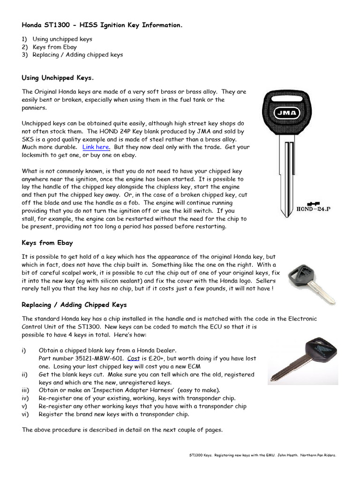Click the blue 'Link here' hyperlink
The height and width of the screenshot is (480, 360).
point(96,147)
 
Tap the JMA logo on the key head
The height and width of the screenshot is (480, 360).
point(285,112)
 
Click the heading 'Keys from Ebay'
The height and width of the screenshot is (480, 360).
point(47,243)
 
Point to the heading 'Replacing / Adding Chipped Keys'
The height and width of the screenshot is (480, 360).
point(74,305)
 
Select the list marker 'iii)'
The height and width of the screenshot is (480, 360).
point(26,390)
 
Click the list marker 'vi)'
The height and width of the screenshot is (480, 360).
point(26,414)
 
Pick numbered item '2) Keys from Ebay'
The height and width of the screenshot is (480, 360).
point(49,47)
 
